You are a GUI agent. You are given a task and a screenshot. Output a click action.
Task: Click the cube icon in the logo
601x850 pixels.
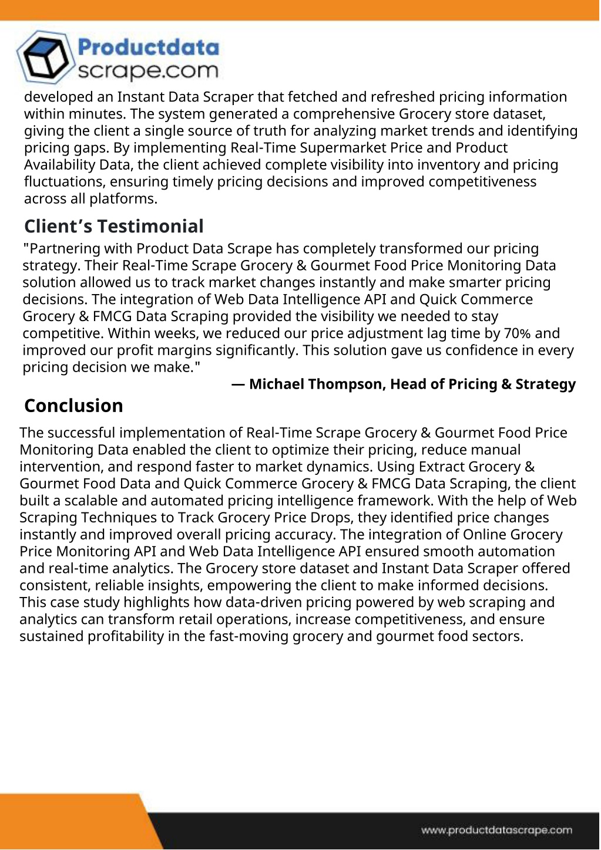(46, 58)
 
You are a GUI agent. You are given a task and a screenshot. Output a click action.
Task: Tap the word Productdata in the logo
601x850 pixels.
(148, 48)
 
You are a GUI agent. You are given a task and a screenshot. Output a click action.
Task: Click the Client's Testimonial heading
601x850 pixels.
(114, 226)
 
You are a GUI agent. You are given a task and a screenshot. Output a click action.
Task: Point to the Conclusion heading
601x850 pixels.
(73, 406)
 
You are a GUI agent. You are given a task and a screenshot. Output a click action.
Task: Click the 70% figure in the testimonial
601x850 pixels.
(517, 333)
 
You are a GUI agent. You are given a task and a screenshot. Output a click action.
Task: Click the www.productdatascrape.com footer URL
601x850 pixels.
(496, 830)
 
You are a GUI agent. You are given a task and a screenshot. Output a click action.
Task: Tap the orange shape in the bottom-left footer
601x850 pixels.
(70, 822)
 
